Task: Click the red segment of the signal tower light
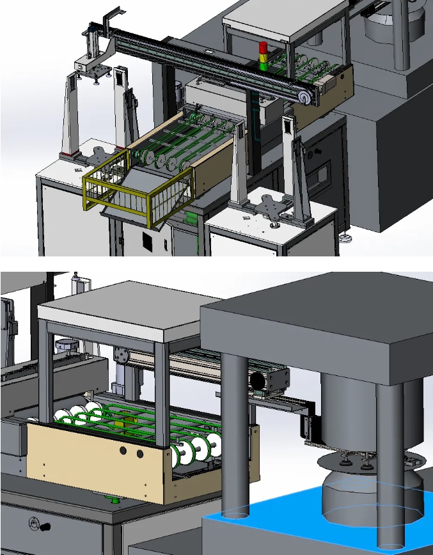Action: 262,48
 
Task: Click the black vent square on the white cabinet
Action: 147,242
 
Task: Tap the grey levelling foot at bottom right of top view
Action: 347,239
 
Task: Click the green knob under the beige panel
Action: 116,499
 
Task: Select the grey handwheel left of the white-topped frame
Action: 65,346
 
